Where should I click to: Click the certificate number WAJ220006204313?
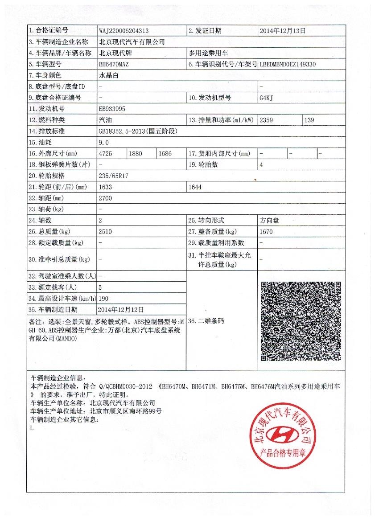click(124, 31)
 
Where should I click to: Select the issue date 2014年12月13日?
click(283, 31)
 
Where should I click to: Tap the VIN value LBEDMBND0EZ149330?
click(288, 64)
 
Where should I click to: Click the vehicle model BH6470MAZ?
click(114, 64)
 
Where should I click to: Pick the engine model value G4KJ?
click(266, 98)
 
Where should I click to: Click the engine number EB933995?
click(112, 109)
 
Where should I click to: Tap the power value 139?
click(309, 120)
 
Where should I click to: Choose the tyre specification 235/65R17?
click(114, 176)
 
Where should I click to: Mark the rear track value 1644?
click(195, 187)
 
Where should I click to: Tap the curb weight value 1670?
click(266, 232)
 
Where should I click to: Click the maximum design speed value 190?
click(103, 298)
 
